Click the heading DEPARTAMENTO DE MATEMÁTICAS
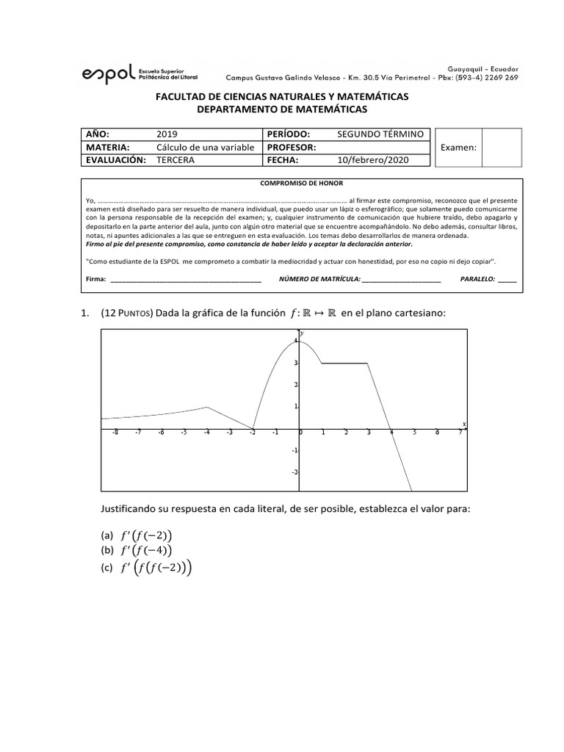click(281, 109)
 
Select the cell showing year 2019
click(167, 134)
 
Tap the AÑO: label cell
click(98, 134)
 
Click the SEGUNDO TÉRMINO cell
click(380, 134)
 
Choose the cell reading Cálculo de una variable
click(205, 147)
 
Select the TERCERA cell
click(176, 159)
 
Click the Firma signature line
click(185, 280)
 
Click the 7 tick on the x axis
click(460, 433)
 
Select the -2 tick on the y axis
click(294, 472)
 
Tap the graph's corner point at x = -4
click(208, 407)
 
